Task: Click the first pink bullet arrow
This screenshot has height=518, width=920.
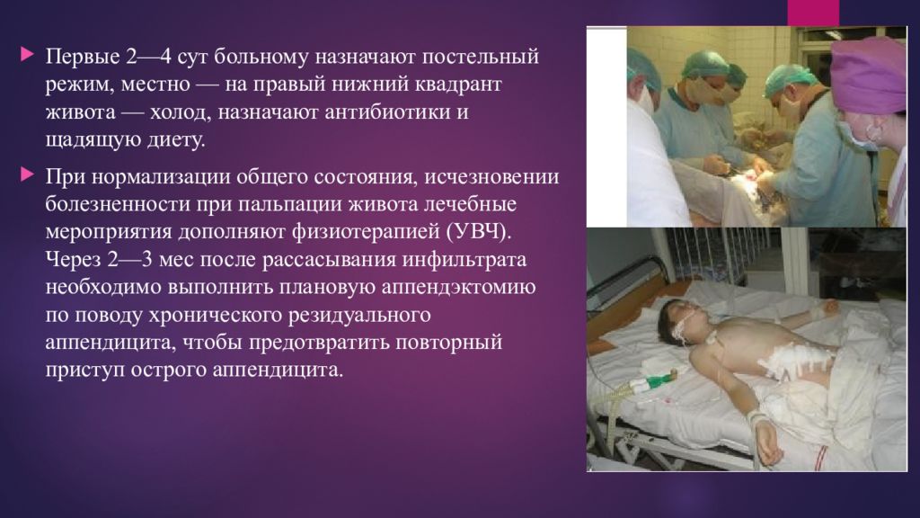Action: click(27, 55)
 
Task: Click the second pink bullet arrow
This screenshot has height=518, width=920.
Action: click(27, 174)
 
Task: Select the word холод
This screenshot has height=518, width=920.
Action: click(180, 112)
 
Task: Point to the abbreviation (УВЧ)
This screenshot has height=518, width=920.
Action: click(479, 231)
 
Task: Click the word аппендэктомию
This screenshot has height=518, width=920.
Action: click(458, 287)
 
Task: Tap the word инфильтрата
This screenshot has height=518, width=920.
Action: click(464, 260)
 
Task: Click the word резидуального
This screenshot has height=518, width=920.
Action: click(359, 316)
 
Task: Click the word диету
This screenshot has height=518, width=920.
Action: click(175, 139)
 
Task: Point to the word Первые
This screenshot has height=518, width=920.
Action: click(83, 57)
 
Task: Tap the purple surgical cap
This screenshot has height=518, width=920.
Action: click(869, 77)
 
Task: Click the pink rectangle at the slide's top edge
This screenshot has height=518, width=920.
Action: click(813, 13)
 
